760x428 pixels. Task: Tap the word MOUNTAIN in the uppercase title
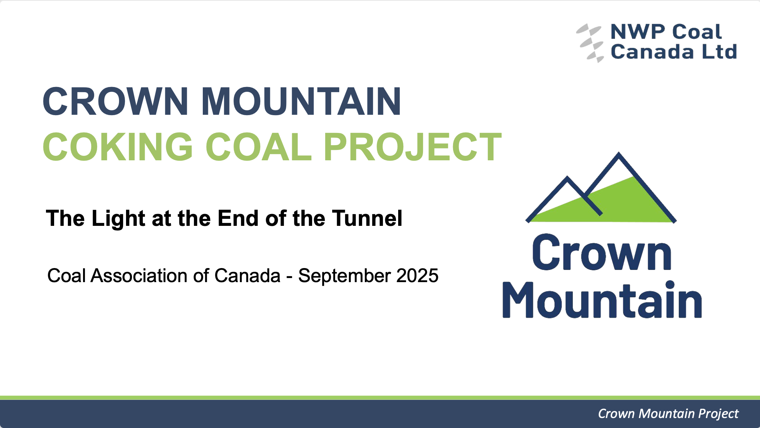pyautogui.click(x=301, y=101)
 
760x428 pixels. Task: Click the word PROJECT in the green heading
pyautogui.click(x=413, y=147)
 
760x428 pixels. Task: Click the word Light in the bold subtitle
pyautogui.click(x=118, y=218)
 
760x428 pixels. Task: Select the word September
pyautogui.click(x=345, y=276)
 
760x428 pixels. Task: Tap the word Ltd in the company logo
pyautogui.click(x=719, y=51)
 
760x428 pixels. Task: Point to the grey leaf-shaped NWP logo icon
pyautogui.click(x=590, y=43)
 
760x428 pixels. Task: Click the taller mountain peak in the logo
pyautogui.click(x=619, y=154)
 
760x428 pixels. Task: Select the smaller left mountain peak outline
pyautogui.click(x=568, y=178)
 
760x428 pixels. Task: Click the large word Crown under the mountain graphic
pyautogui.click(x=602, y=253)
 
